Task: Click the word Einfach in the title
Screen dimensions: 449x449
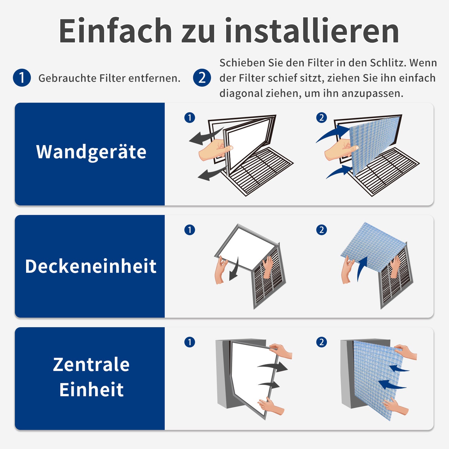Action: pos(115,30)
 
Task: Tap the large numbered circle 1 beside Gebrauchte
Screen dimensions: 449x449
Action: pos(22,78)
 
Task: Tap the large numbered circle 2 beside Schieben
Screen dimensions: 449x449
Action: pos(202,78)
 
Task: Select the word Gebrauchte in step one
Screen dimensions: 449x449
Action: pos(67,78)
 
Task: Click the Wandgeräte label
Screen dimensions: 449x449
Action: pos(91,152)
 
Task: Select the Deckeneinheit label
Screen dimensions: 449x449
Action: pos(91,266)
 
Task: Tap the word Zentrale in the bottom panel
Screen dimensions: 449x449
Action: pos(91,365)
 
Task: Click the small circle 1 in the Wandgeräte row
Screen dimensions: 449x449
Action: pos(190,118)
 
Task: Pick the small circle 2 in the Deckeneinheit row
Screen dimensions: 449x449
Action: pos(322,230)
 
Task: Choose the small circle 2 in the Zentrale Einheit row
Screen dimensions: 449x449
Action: pos(322,342)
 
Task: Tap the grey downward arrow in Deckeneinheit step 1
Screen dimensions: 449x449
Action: pos(234,269)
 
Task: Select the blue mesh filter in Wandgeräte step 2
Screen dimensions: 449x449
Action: pos(375,146)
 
